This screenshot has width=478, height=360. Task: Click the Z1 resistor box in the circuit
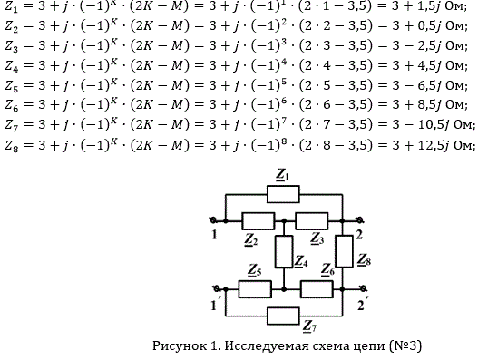[283, 194]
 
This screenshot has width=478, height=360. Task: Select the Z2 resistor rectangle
[259, 221]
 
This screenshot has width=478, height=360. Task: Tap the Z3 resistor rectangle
[312, 221]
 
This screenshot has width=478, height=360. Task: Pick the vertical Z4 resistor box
[284, 251]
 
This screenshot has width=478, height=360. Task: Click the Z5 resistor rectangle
[255, 289]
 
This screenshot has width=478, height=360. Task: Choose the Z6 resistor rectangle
[317, 289]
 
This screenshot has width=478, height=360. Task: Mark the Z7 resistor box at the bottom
[283, 316]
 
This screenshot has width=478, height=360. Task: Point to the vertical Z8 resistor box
[345, 251]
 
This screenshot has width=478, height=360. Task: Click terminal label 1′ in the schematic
[215, 305]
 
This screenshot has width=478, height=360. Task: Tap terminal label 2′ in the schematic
[363, 305]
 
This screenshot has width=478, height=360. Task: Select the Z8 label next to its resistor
[364, 260]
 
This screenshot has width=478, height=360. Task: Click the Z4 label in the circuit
[301, 261]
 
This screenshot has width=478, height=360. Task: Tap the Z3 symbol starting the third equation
[11, 46]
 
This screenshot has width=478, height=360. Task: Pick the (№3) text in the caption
[405, 345]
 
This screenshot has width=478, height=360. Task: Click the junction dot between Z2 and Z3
[284, 220]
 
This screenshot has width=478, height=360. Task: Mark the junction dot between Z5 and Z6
[284, 289]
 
